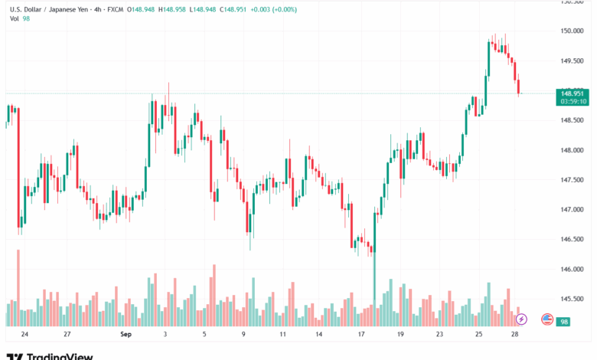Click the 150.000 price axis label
click(573, 31)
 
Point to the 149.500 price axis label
click(573, 61)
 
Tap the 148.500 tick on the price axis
click(573, 120)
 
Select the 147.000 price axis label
click(573, 209)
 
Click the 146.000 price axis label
click(573, 269)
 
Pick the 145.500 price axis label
click(573, 299)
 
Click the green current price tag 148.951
click(573, 93)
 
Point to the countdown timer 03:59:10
click(573, 101)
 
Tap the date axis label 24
click(25, 335)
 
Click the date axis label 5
click(204, 335)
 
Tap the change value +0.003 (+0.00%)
click(270, 9)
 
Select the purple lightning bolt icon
click(522, 319)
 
